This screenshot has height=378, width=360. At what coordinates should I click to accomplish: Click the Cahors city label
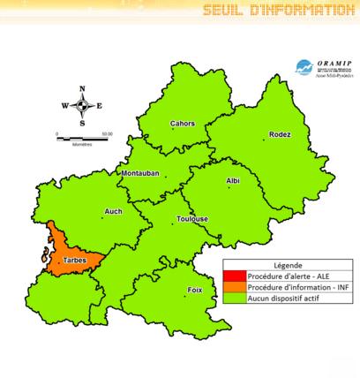183,124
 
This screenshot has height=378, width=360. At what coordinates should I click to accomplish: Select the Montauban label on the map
139,174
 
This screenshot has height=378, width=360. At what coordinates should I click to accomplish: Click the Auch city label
113,211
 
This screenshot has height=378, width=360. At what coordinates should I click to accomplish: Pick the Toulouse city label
192,219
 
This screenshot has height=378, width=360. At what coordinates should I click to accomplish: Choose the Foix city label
195,290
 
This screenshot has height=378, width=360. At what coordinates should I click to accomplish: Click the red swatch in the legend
234,275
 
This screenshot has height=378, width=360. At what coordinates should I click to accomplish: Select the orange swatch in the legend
234,287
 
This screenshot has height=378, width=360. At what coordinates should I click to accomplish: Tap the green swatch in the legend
234,299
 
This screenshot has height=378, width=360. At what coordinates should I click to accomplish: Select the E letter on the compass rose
99,106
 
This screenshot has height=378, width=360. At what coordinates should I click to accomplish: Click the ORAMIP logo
315,65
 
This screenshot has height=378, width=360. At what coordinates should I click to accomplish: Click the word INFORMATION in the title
304,11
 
